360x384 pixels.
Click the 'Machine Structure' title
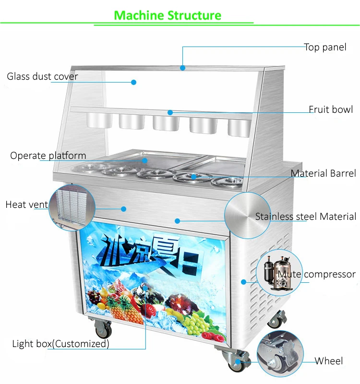pos(168,15)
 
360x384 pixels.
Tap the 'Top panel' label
pos(325,48)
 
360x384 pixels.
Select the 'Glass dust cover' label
pos(42,76)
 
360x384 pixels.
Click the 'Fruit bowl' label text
pos(331,109)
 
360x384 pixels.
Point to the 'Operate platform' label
pos(48,156)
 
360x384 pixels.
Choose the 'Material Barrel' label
pos(323,173)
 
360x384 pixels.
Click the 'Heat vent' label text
pos(26,205)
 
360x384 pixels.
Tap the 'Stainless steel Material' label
pos(306,216)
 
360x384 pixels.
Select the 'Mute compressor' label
pos(317,275)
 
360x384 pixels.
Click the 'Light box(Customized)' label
pos(60,344)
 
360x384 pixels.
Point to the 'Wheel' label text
pos(329,361)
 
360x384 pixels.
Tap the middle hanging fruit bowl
pos(166,122)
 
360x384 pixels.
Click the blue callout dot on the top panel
pos(182,68)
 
